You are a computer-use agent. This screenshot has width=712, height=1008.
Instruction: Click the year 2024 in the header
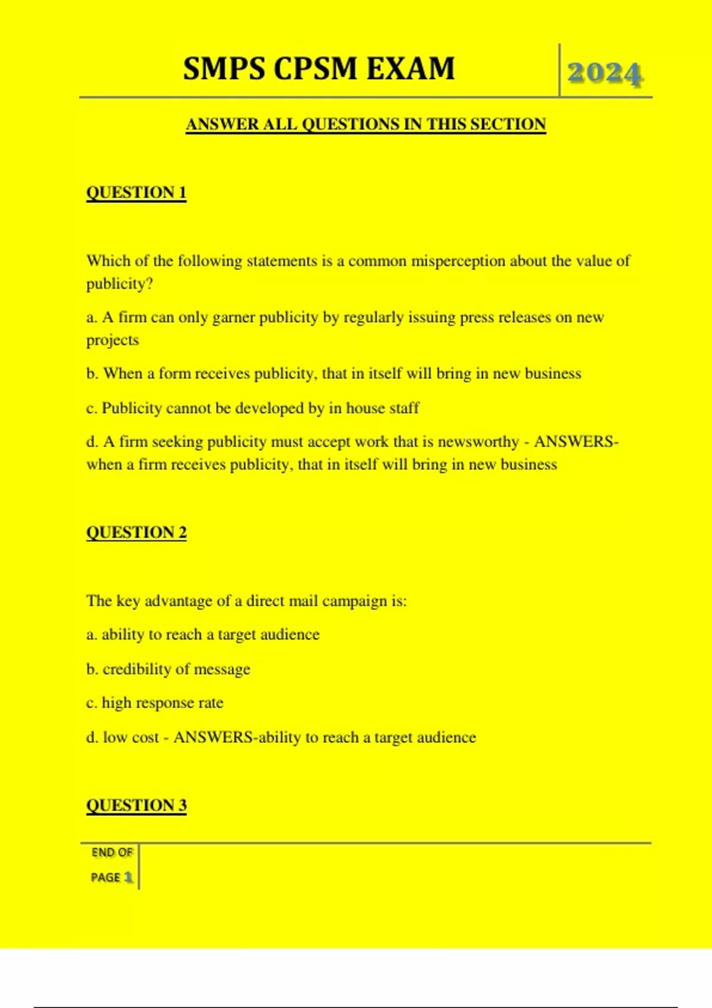[605, 74]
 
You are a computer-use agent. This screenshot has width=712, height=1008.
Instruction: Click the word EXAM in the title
[411, 68]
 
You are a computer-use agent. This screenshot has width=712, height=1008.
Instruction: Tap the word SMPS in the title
[224, 68]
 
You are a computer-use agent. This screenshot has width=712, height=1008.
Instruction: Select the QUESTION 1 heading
[136, 193]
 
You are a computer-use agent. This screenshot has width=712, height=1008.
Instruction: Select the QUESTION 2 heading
[136, 532]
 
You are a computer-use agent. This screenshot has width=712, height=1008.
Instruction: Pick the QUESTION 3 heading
[136, 805]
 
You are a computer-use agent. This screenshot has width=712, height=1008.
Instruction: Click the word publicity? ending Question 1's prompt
[119, 284]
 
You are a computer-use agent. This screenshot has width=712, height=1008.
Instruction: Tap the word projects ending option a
[112, 340]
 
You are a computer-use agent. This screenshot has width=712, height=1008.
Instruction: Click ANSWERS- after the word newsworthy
[576, 442]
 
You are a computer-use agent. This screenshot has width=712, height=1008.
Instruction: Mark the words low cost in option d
[131, 737]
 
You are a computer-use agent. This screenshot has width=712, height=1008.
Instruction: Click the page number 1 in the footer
[128, 877]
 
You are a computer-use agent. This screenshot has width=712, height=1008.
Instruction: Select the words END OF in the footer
[112, 853]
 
